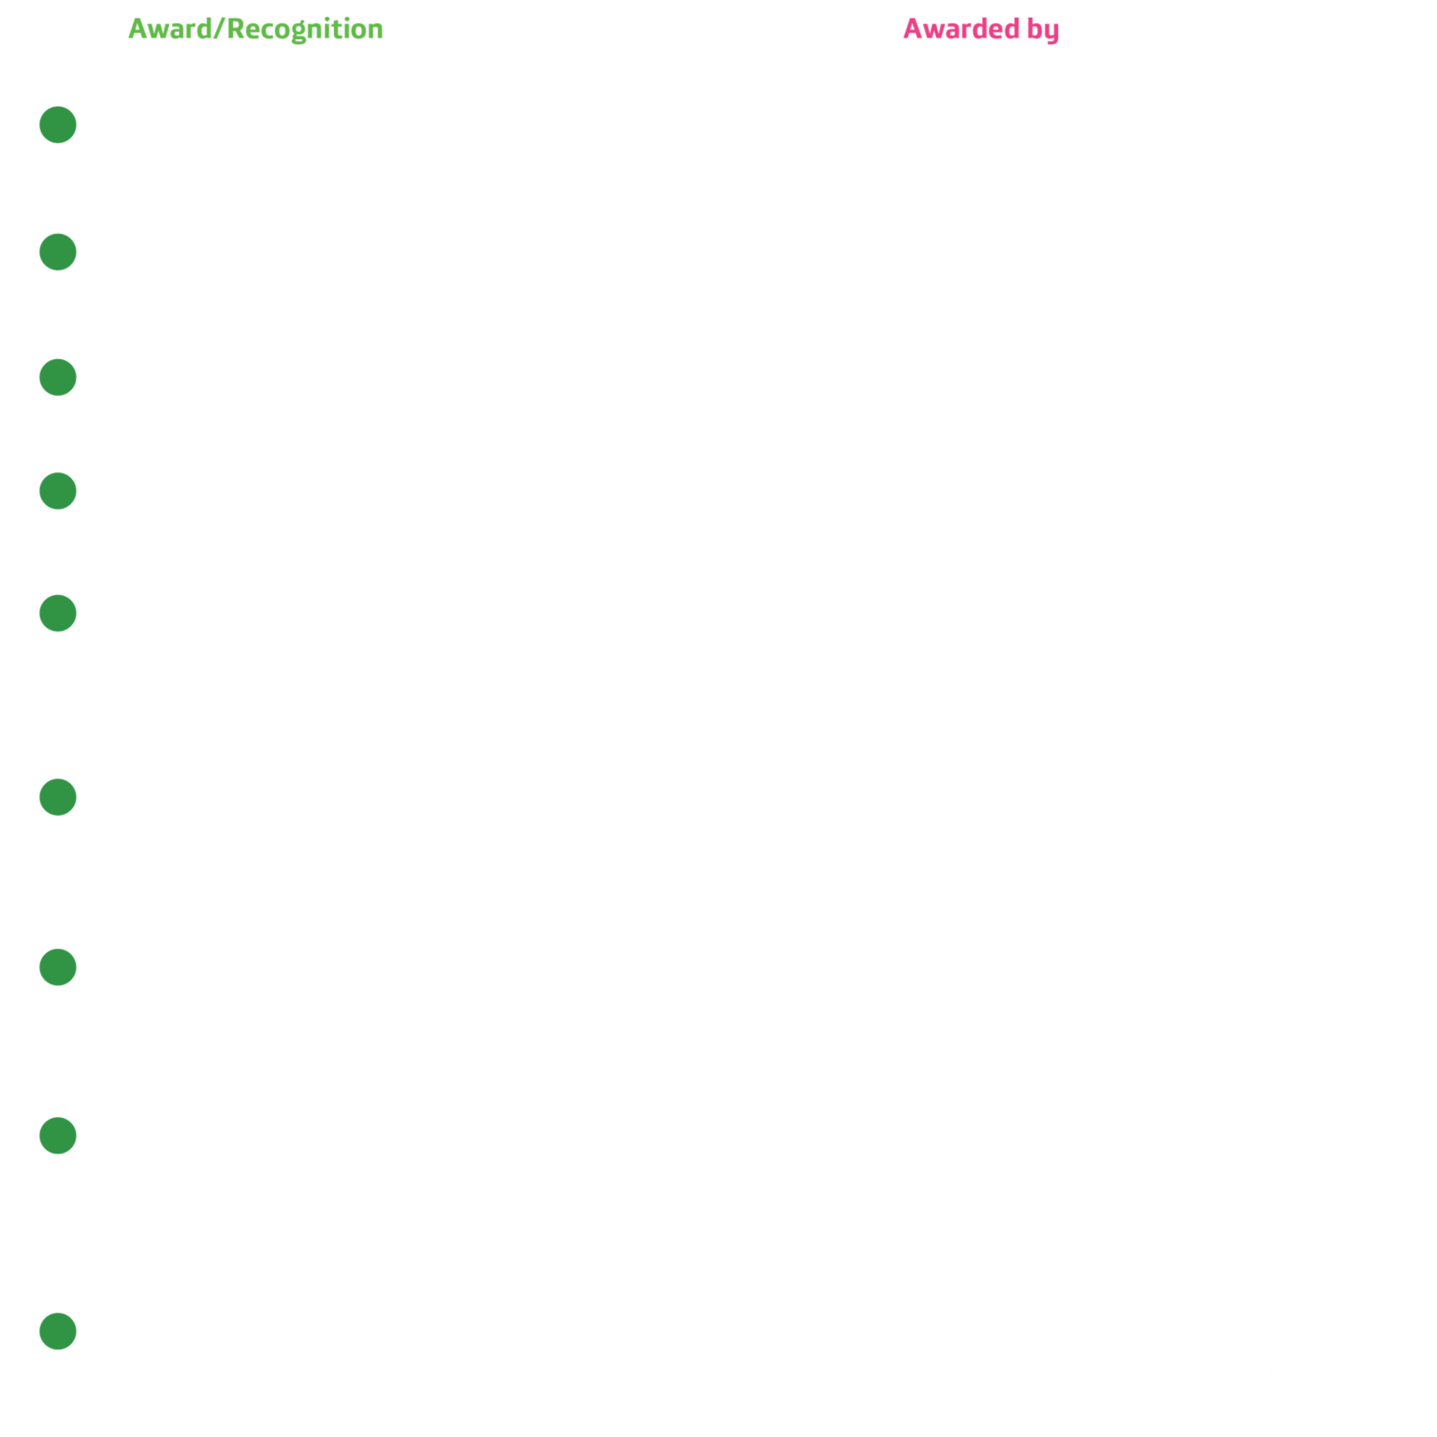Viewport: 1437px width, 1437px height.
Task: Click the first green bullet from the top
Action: point(57,124)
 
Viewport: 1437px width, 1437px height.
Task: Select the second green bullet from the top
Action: point(57,252)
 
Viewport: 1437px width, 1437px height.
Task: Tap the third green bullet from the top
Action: point(57,377)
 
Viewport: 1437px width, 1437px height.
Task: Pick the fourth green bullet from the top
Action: point(57,491)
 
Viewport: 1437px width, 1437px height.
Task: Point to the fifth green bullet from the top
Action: point(57,613)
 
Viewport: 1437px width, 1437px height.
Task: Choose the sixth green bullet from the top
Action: point(57,797)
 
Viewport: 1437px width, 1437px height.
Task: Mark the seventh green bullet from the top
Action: point(57,967)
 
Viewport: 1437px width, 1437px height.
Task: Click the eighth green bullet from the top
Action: point(57,1136)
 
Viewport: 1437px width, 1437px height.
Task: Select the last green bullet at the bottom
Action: point(57,1331)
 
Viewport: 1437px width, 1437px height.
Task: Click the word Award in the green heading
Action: point(170,29)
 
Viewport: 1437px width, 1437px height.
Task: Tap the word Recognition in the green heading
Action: point(305,30)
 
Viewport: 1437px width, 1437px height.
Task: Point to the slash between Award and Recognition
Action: point(220,29)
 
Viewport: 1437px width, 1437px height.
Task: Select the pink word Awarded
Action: point(961,29)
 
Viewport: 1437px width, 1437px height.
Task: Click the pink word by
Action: point(1043,31)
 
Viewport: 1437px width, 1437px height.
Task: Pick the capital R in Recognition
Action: point(236,29)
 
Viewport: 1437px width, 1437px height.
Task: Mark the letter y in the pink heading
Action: point(1052,34)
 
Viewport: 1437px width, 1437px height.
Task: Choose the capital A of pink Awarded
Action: point(914,29)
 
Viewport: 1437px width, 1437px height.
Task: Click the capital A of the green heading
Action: point(139,29)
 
